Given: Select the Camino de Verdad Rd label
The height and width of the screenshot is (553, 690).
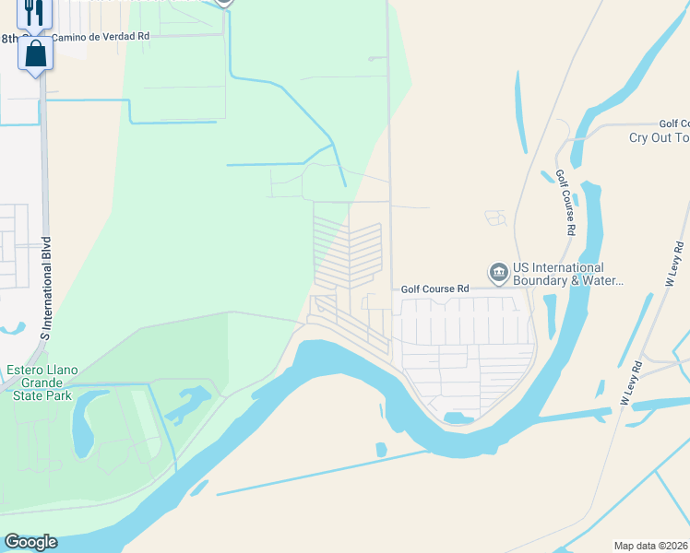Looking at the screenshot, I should click(99, 37).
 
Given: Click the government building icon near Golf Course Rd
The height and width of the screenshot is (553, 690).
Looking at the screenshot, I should click(499, 272).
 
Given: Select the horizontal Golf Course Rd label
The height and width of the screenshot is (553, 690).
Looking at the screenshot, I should click(434, 288).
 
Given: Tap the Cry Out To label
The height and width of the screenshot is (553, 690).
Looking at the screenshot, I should click(659, 137).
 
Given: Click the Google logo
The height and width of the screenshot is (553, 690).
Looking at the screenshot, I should click(30, 542).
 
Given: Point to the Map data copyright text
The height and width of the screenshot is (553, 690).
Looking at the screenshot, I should click(650, 545).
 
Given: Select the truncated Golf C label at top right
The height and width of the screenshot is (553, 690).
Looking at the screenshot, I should click(674, 124).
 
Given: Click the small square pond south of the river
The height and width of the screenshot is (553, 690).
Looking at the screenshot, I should click(382, 450).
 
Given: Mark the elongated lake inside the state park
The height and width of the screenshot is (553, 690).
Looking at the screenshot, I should click(84, 422).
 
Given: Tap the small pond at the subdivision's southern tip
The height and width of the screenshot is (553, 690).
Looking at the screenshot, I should click(453, 418).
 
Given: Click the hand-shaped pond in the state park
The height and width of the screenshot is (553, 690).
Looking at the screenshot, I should click(188, 403).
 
